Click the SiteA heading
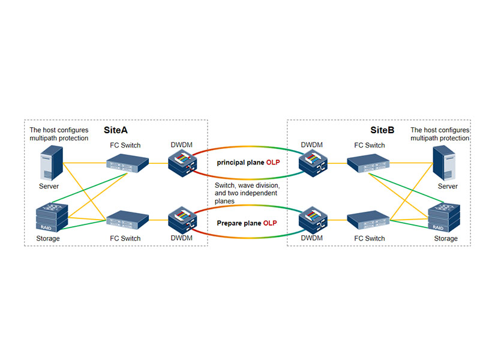tap(116, 130)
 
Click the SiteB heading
tap(382, 130)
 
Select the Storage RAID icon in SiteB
tap(445, 217)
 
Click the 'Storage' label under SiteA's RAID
tap(49, 239)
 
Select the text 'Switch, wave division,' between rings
tap(247, 186)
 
